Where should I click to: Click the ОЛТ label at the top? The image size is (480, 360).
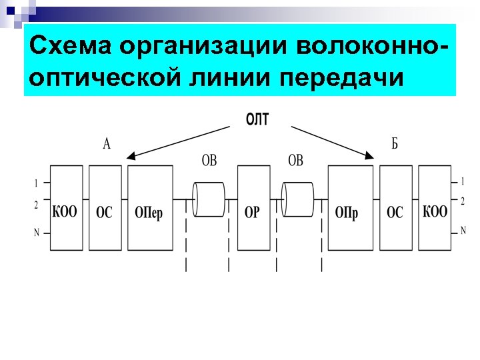pyautogui.click(x=257, y=119)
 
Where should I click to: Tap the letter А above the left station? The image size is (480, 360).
pyautogui.click(x=107, y=144)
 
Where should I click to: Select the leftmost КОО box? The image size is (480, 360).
pyautogui.click(x=65, y=207)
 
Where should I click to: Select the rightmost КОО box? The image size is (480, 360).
pyautogui.click(x=435, y=207)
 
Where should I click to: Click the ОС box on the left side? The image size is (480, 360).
pyautogui.click(x=105, y=207)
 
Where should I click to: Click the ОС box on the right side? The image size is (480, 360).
pyautogui.click(x=395, y=207)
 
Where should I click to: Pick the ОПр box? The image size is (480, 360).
pyautogui.click(x=350, y=207)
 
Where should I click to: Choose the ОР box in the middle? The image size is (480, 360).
pyautogui.click(x=252, y=207)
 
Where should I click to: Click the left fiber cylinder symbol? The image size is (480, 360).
pyautogui.click(x=209, y=199)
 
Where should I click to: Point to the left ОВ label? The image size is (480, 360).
pyautogui.click(x=209, y=161)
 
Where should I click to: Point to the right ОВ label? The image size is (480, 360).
pyautogui.click(x=295, y=161)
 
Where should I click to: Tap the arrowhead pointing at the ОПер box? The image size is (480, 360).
pyautogui.click(x=131, y=157)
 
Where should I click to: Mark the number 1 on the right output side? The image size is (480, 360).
pyautogui.click(x=462, y=181)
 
